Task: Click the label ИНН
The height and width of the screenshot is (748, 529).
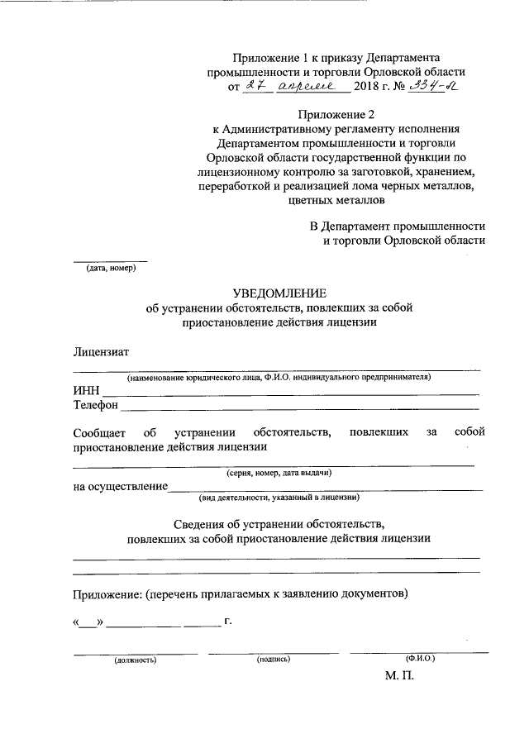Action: [85, 391]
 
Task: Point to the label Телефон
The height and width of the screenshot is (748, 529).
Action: [96, 406]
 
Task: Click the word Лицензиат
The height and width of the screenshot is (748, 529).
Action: [101, 352]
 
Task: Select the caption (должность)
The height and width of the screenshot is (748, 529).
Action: [136, 660]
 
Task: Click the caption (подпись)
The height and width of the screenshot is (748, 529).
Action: [274, 660]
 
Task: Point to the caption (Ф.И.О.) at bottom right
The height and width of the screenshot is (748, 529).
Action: [420, 658]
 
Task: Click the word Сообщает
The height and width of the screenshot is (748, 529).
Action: [98, 432]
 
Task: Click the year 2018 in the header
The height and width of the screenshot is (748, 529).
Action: [368, 87]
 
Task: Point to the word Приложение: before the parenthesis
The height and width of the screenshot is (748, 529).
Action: [107, 593]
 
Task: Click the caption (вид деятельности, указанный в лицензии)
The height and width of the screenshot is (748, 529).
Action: [278, 498]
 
